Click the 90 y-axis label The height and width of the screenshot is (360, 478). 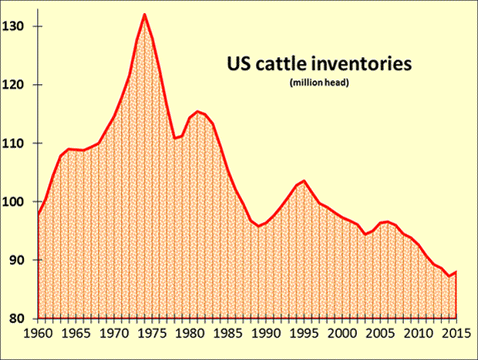[20, 261]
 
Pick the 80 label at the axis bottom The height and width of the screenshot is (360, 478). [20, 319]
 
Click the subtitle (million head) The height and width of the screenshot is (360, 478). [319, 82]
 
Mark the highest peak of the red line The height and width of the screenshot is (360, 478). [144, 14]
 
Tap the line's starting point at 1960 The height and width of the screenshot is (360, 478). [38, 214]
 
